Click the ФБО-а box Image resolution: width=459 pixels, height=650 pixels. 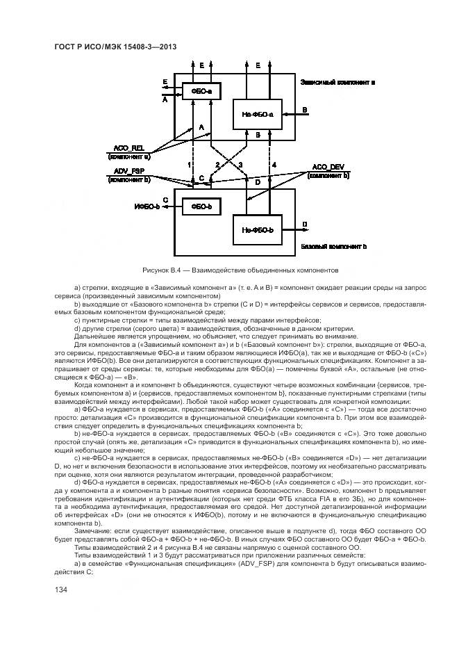click(197, 91)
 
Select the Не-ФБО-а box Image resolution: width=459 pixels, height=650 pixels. click(257, 113)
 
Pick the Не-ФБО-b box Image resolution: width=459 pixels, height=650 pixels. click(257, 229)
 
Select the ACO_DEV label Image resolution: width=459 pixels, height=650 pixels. click(327, 168)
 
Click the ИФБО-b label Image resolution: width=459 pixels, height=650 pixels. click(147, 206)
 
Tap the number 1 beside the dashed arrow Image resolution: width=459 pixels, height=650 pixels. click(189, 165)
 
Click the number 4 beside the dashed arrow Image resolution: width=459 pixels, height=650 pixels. click(274, 165)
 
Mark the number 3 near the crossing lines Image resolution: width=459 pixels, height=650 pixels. click(240, 165)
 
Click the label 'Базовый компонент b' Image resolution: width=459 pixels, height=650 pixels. click(334, 247)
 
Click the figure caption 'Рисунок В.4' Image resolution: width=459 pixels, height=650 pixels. click(160, 268)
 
